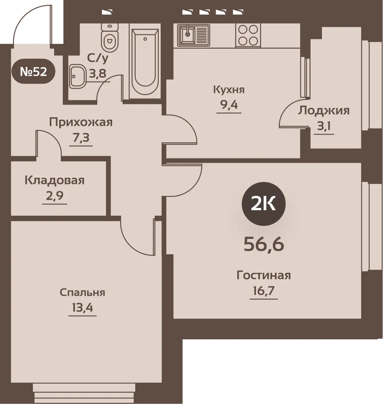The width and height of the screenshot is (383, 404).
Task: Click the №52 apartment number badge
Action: click(x=33, y=71)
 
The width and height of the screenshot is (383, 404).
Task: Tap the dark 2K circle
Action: click(x=263, y=204)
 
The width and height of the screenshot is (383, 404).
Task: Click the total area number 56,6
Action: click(x=264, y=244)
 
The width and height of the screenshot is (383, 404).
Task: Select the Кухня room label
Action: click(x=229, y=90)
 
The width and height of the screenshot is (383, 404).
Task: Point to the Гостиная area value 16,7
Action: click(x=264, y=291)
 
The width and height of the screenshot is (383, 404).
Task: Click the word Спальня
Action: click(x=82, y=293)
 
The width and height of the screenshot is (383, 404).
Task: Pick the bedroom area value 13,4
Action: click(x=82, y=308)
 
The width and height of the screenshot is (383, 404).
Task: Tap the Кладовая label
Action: click(x=54, y=180)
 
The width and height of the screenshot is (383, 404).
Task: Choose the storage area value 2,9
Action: click(x=54, y=196)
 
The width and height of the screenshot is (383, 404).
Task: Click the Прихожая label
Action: click(x=81, y=122)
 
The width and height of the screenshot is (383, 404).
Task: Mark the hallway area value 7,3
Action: click(x=81, y=138)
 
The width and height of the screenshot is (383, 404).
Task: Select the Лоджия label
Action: click(x=324, y=111)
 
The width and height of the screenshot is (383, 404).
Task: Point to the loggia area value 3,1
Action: click(x=324, y=126)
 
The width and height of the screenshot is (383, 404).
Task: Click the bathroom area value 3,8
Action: click(x=98, y=74)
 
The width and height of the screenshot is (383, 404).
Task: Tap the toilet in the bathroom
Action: click(x=110, y=37)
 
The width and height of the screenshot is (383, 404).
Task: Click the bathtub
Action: click(x=145, y=61)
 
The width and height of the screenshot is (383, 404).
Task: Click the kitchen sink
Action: click(x=193, y=35)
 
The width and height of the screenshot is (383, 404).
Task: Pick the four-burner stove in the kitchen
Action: click(x=248, y=35)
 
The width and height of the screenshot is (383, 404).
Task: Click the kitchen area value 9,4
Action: click(x=229, y=105)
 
